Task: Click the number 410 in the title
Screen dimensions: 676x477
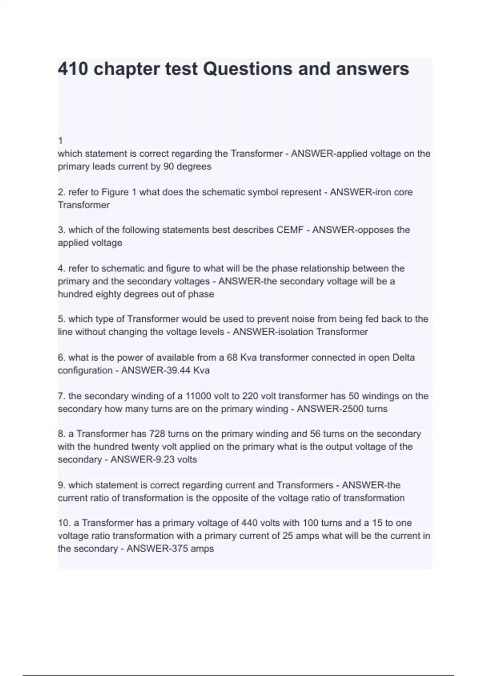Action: click(73, 69)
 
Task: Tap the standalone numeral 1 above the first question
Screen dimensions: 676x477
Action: click(60, 141)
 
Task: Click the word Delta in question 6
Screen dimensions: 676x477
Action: click(403, 358)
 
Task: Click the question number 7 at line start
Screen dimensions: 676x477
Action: click(61, 396)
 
